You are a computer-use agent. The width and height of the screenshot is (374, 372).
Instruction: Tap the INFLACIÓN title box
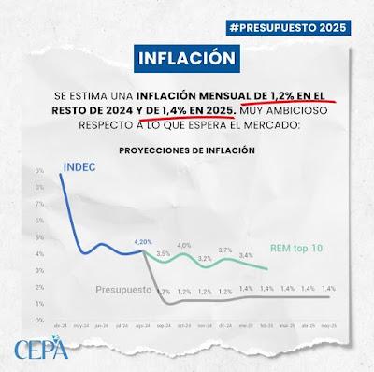[184, 58]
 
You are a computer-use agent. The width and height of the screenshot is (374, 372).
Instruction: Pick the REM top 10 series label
[295, 249]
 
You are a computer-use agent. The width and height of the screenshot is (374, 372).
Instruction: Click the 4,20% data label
[143, 241]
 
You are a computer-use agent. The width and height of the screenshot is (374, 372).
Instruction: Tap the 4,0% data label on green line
[184, 245]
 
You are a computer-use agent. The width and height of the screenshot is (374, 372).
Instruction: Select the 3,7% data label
[225, 250]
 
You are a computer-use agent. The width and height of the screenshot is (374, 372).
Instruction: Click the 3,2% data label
[205, 258]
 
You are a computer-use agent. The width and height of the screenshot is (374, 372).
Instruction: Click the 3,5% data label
[163, 253]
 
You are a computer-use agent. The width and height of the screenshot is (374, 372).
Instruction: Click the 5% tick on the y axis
[39, 238]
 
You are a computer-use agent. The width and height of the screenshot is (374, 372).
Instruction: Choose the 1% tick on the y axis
[39, 304]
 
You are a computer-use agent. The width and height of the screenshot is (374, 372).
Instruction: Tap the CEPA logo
[41, 351]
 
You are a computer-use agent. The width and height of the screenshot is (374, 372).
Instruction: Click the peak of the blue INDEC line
[62, 175]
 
